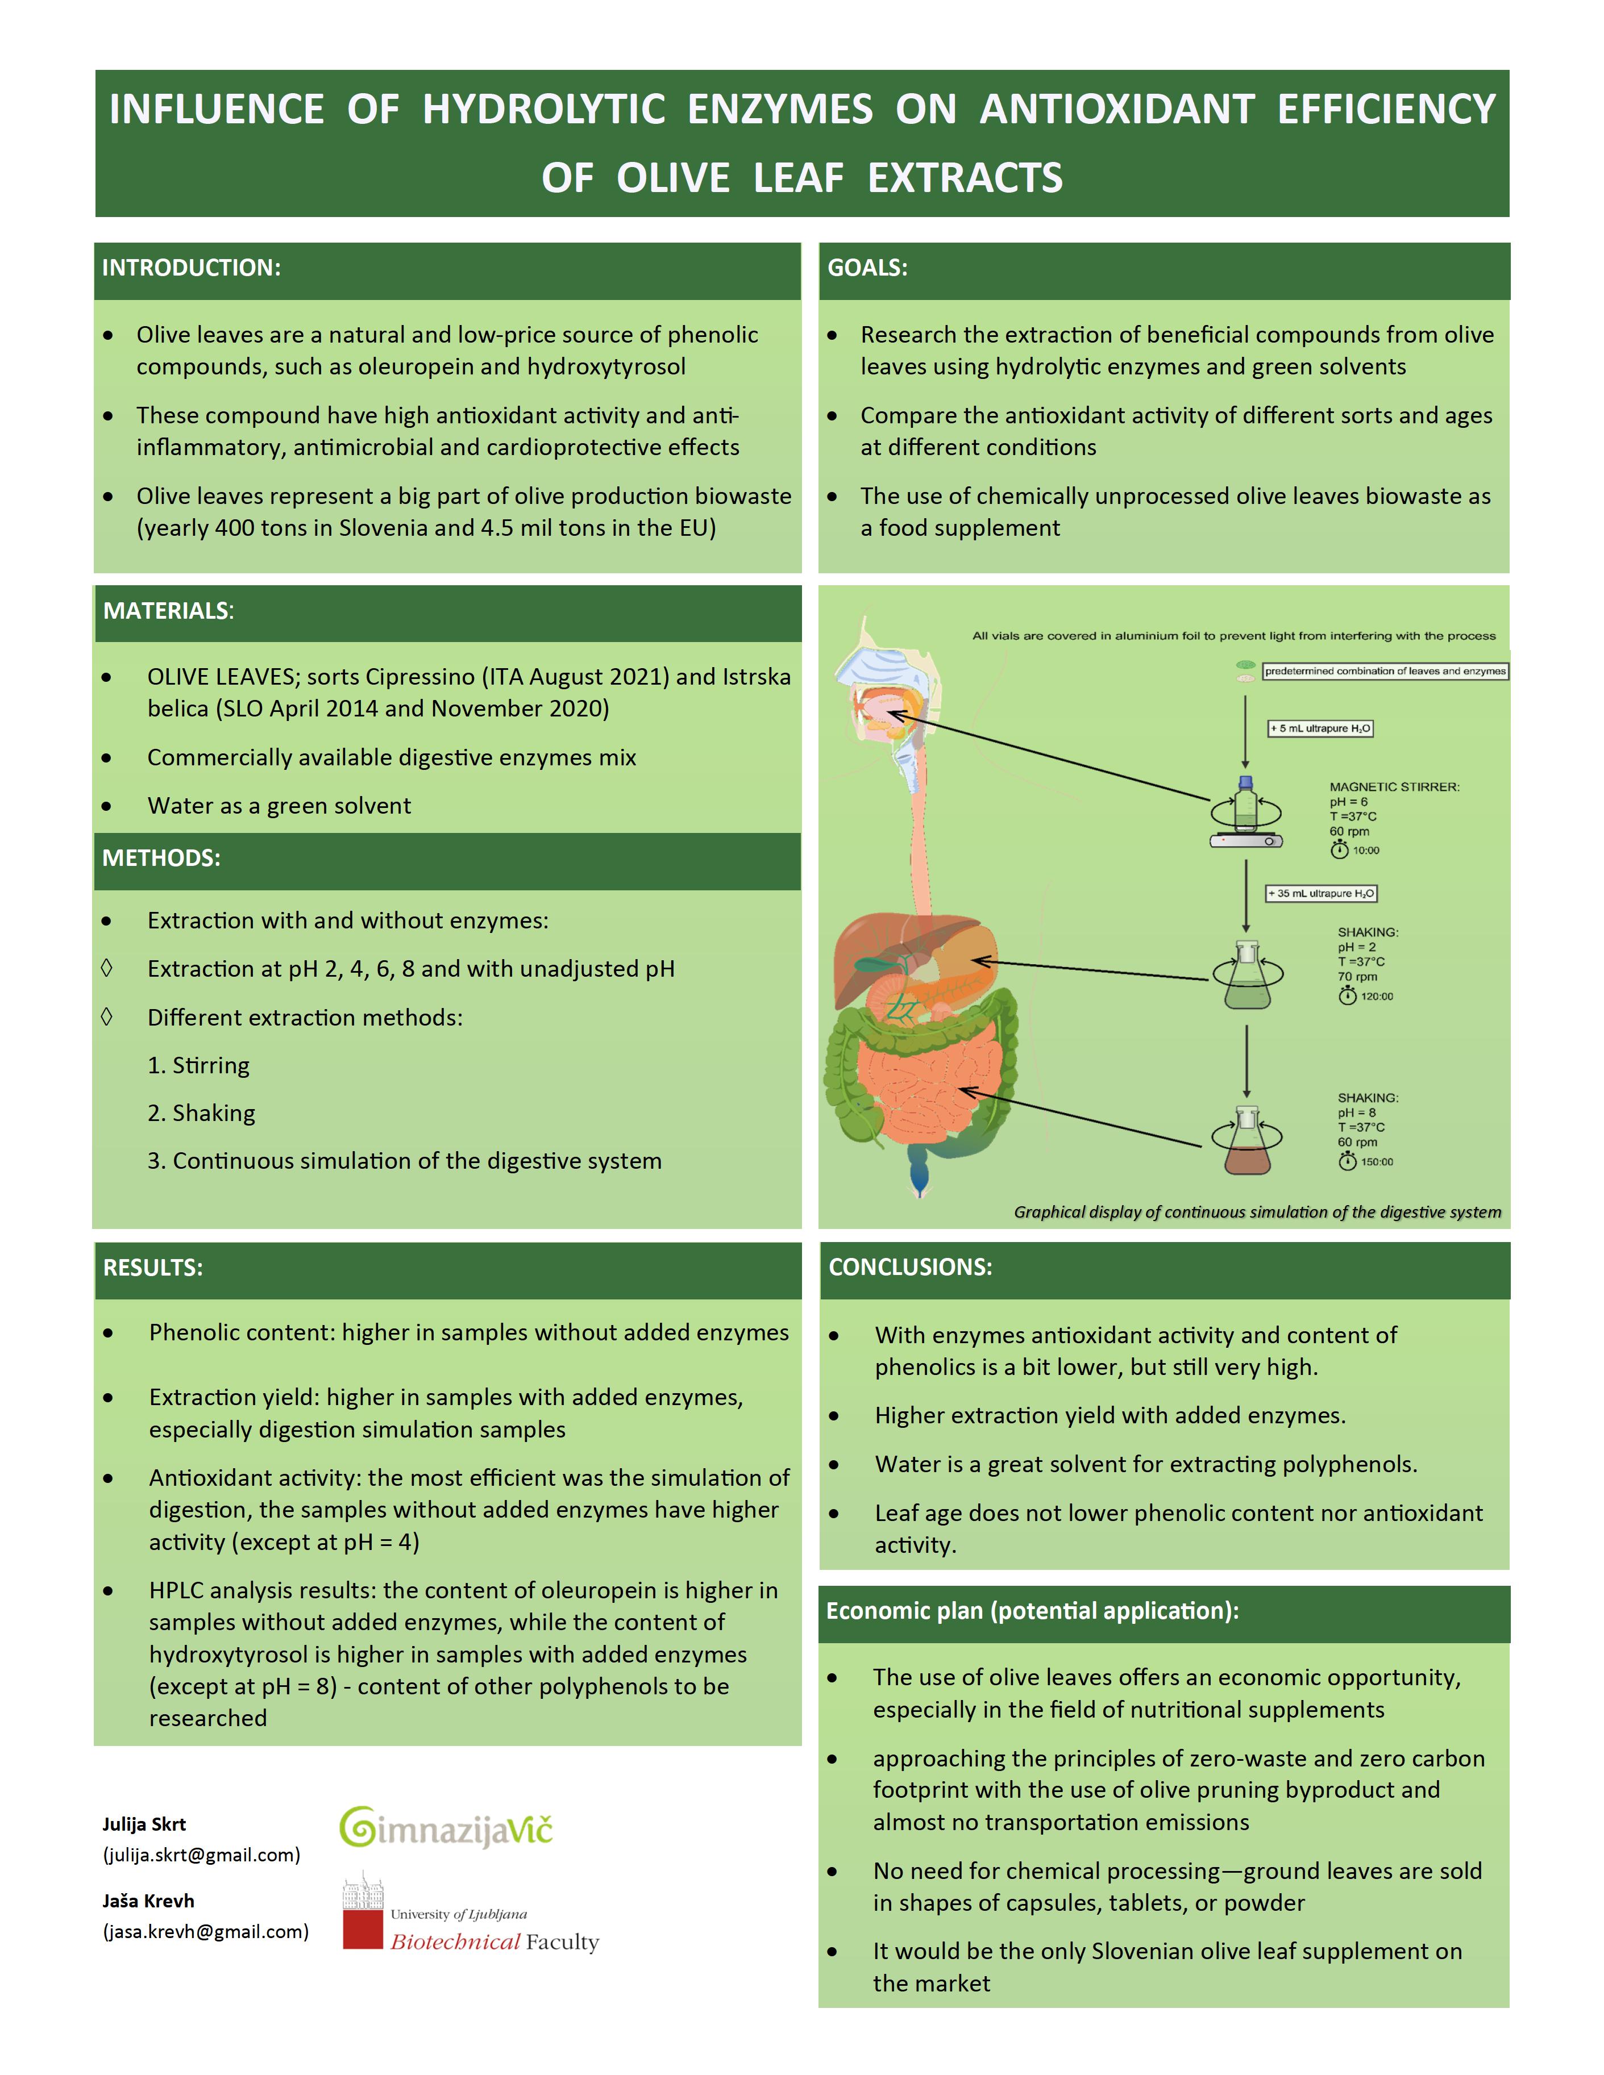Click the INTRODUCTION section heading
click(191, 268)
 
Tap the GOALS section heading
click(867, 268)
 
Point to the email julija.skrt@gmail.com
click(201, 1855)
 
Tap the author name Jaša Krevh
click(148, 1900)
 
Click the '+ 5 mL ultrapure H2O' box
click(1320, 729)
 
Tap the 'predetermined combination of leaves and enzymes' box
click(1385, 671)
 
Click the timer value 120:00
click(1376, 997)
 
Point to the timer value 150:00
click(1376, 1162)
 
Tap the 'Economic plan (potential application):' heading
click(1032, 1610)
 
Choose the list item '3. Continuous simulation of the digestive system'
click(404, 1160)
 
